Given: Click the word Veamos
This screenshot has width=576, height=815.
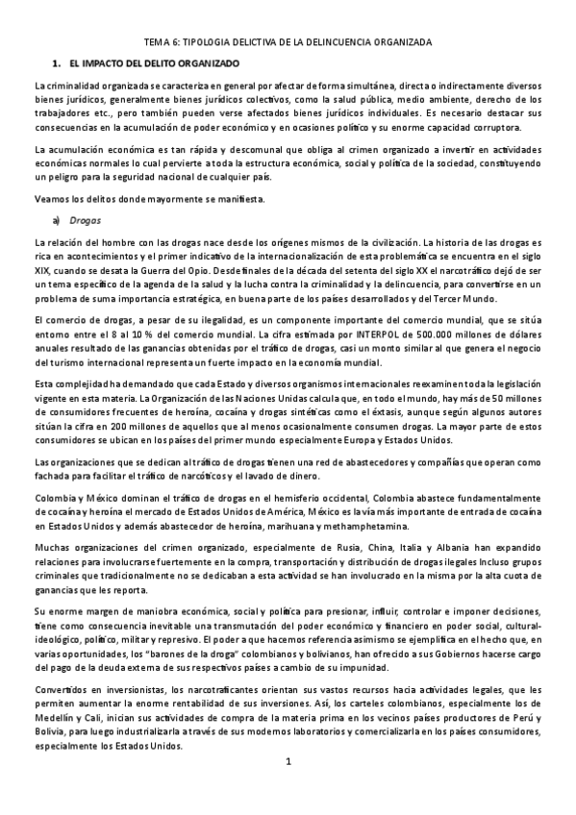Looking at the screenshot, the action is [x=51, y=199].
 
